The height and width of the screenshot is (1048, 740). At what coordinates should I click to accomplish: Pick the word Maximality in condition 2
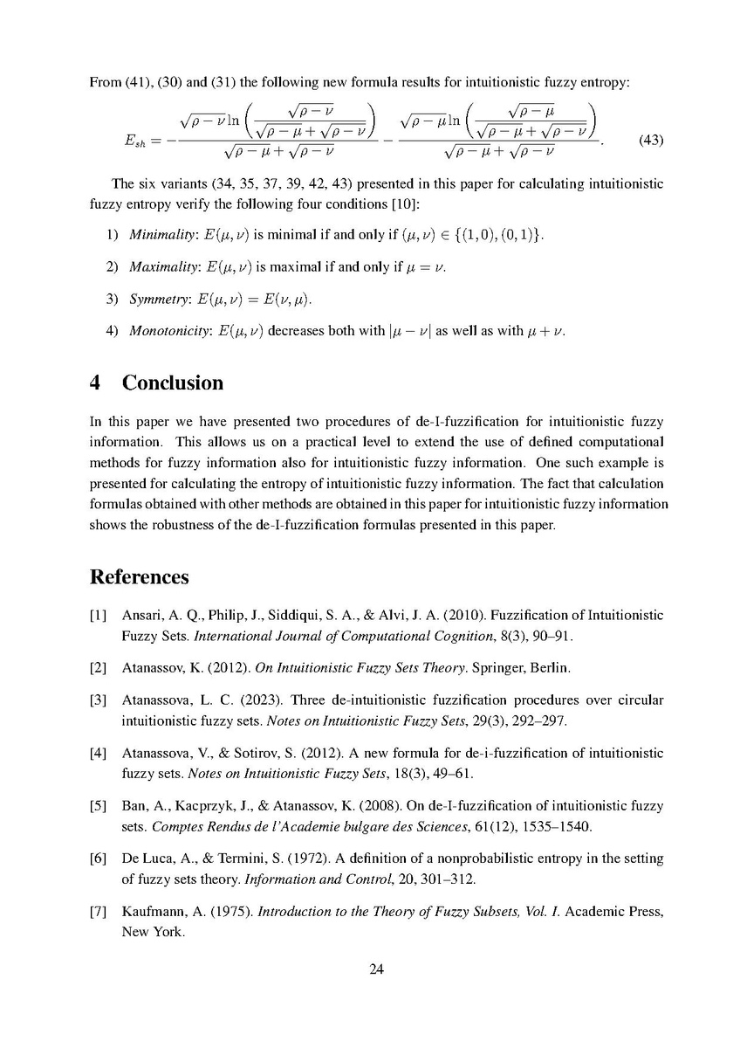(154, 268)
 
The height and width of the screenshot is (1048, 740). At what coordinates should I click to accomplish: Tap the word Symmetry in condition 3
(152, 300)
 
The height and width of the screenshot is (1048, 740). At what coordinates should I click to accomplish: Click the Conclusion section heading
(173, 383)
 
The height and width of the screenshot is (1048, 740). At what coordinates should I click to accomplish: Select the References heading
(139, 578)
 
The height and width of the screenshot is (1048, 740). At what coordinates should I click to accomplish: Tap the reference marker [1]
(98, 616)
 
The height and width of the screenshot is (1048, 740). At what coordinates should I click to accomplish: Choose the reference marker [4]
(98, 754)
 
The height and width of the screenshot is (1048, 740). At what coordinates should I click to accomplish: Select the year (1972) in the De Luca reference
(281, 858)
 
